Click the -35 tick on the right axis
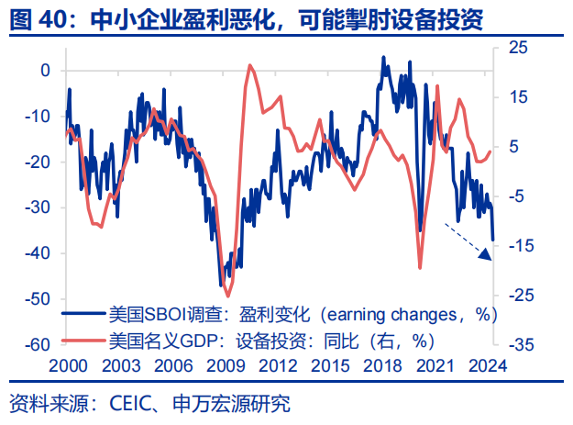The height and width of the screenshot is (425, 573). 514,344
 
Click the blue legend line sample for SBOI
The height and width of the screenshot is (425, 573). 82,313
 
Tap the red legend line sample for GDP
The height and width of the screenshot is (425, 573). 82,340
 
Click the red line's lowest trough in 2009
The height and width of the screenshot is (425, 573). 228,295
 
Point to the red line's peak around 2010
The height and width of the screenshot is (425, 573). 249,64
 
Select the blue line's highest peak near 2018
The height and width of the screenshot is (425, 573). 384,57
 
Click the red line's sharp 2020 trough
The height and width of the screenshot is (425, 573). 420,267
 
